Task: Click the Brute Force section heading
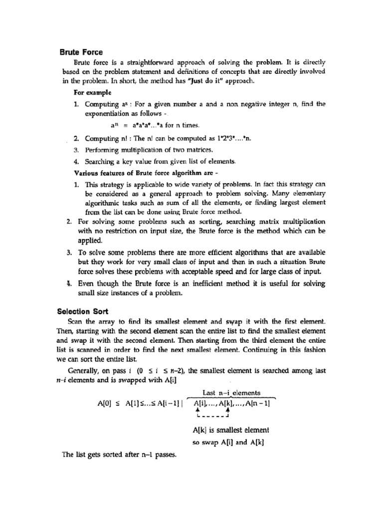tap(81, 52)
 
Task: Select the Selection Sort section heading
tap(83, 311)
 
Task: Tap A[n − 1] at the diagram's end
tap(258, 405)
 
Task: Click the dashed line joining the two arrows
tap(212, 417)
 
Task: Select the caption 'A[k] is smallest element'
tap(230, 430)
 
